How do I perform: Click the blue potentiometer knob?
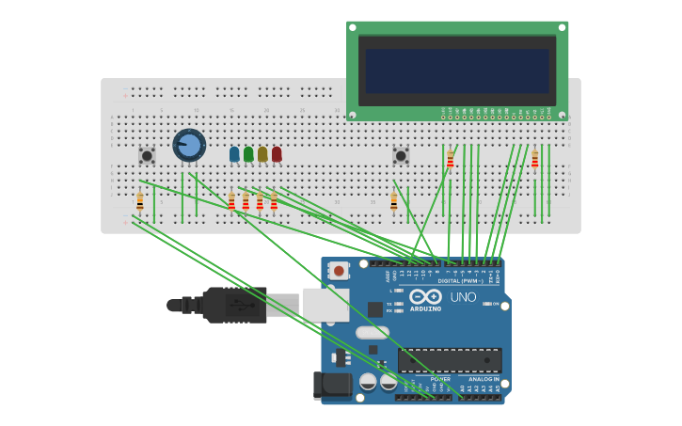tap(189, 145)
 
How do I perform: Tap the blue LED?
tap(234, 153)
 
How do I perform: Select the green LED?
tap(248, 153)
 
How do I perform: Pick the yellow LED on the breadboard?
tap(262, 153)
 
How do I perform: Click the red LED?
tap(277, 153)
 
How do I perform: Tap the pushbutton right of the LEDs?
tap(401, 155)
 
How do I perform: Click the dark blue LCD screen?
tap(457, 71)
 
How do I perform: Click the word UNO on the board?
tap(463, 297)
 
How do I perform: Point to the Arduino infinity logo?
tap(425, 296)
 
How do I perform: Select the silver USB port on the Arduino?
tap(325, 306)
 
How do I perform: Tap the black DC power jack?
tap(332, 384)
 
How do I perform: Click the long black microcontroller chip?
tap(450, 360)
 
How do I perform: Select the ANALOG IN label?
tap(484, 379)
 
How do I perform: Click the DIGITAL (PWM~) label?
tap(460, 280)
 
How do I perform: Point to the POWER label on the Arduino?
tap(427, 379)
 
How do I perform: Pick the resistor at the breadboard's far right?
tap(534, 160)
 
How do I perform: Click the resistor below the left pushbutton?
tap(140, 201)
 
